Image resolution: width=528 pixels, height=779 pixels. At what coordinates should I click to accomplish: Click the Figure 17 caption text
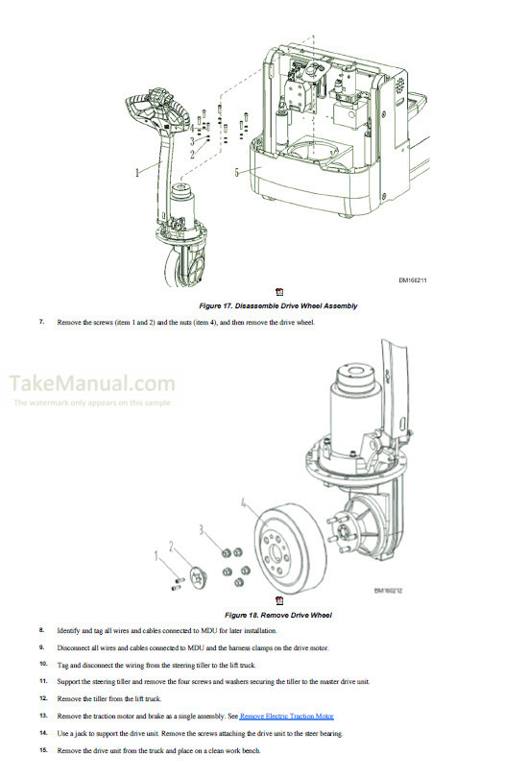point(277,305)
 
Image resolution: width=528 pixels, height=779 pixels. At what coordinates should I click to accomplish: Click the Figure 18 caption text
point(277,614)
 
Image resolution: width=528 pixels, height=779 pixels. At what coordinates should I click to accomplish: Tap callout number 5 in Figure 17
point(235,173)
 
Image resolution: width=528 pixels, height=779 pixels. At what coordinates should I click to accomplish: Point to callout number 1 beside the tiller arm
point(136,173)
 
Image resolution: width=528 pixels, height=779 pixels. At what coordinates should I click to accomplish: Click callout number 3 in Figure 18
point(201,529)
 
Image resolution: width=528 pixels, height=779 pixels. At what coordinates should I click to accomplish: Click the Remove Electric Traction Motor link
point(286,717)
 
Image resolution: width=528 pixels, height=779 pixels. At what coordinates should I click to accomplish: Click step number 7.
point(42,321)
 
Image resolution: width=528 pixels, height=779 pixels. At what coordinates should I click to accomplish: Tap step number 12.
point(42,698)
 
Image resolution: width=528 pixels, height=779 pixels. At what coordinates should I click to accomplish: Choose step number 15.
point(42,750)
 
